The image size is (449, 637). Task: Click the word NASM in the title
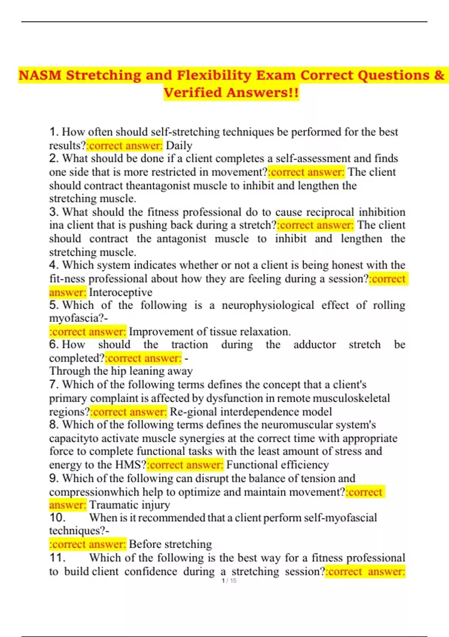40,75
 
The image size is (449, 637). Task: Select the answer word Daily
179,145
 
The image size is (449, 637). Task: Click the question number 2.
54,159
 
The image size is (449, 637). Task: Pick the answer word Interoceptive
120,292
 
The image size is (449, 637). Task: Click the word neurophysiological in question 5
268,305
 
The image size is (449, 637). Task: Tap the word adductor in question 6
314,345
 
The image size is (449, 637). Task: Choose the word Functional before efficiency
251,465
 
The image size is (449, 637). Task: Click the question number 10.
57,518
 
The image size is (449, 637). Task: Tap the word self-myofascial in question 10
340,518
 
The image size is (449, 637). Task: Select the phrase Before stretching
170,544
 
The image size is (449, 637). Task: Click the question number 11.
57,558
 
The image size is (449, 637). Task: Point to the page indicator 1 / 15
229,581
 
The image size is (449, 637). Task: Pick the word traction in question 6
189,345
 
